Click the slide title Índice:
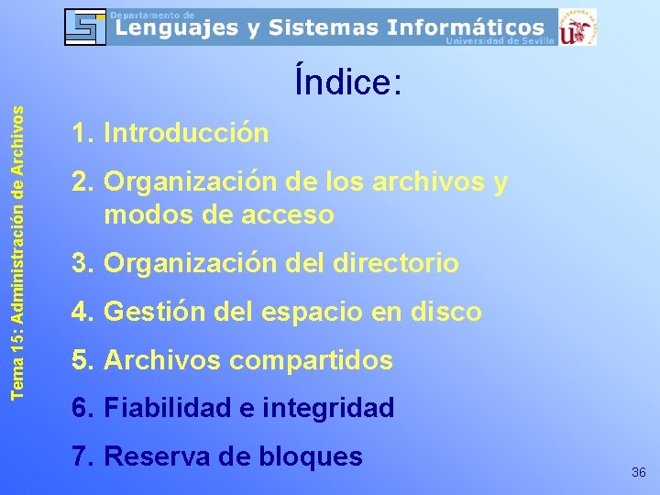(347, 82)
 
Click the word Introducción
(186, 134)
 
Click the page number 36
(639, 472)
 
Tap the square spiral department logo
(84, 27)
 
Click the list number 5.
(81, 360)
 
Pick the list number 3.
(81, 264)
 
